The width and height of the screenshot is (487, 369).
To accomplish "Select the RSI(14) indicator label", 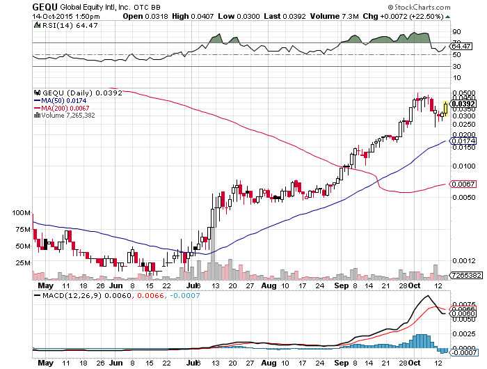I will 55,26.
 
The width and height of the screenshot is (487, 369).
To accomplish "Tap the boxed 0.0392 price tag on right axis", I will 463,104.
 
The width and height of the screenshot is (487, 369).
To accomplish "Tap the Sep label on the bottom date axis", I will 342,285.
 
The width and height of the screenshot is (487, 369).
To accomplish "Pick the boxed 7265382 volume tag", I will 465,276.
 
